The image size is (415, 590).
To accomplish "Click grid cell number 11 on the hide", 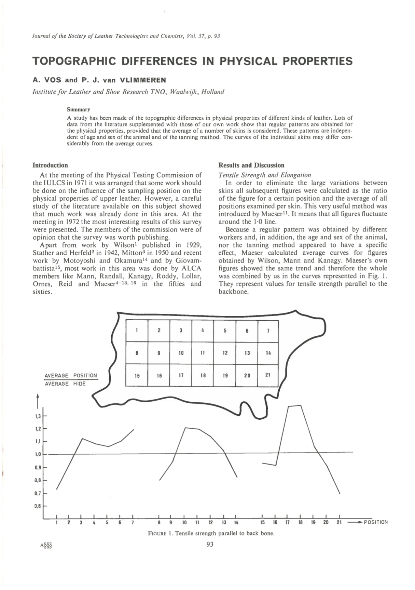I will (x=203, y=353).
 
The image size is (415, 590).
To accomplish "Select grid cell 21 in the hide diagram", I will (x=268, y=375).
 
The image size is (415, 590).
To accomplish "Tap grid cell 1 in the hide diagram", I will (x=137, y=331).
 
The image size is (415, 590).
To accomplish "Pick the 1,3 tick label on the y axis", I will (x=38, y=416).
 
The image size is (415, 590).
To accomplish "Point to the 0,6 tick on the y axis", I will (x=38, y=506).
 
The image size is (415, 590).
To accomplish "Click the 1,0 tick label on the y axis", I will (x=38, y=454).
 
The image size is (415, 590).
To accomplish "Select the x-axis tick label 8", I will (x=159, y=522).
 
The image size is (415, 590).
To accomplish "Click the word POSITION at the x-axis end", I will (x=376, y=522).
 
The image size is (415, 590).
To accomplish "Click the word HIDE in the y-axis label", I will (x=79, y=384).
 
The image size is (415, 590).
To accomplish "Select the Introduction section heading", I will (x=50, y=165).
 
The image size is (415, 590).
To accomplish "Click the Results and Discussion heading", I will (x=251, y=165).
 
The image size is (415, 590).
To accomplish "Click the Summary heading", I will (x=78, y=110).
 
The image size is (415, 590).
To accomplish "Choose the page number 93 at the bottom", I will (x=210, y=544).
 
